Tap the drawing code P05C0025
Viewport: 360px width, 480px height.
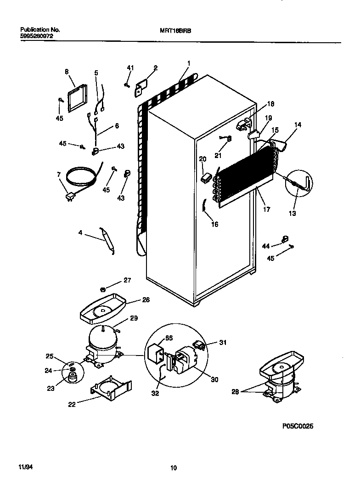tap(298, 426)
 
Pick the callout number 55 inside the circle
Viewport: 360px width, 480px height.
tap(169, 338)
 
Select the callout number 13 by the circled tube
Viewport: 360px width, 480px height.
tap(292, 214)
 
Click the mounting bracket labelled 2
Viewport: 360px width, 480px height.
tap(141, 87)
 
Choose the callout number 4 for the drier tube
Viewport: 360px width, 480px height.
tap(80, 233)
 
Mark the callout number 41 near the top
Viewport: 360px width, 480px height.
tap(130, 68)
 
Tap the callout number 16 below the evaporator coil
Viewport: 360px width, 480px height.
tap(214, 224)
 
